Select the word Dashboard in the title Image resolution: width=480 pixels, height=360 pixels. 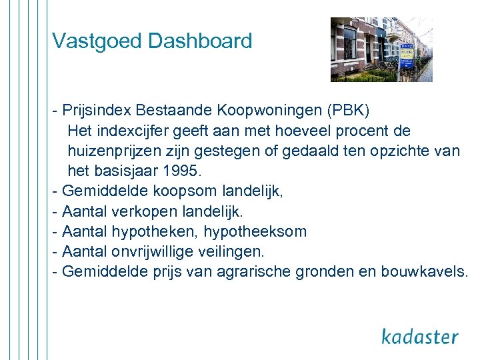200,41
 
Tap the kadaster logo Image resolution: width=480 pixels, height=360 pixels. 420,336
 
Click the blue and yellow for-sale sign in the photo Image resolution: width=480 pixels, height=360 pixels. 406,53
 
